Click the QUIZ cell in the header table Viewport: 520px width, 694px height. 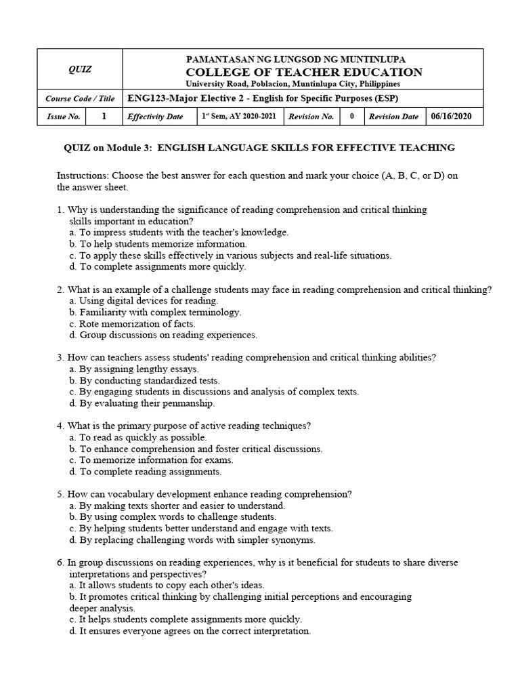click(x=81, y=69)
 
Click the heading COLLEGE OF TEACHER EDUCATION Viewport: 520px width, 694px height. click(x=303, y=72)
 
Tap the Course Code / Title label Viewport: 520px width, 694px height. click(x=81, y=99)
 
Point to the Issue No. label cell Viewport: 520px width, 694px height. click(x=64, y=117)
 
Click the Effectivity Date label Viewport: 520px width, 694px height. click(x=155, y=117)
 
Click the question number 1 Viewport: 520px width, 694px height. click(x=60, y=210)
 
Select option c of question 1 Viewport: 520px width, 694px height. click(x=230, y=256)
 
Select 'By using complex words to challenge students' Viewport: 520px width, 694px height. click(x=173, y=517)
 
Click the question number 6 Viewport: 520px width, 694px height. click(x=60, y=563)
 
